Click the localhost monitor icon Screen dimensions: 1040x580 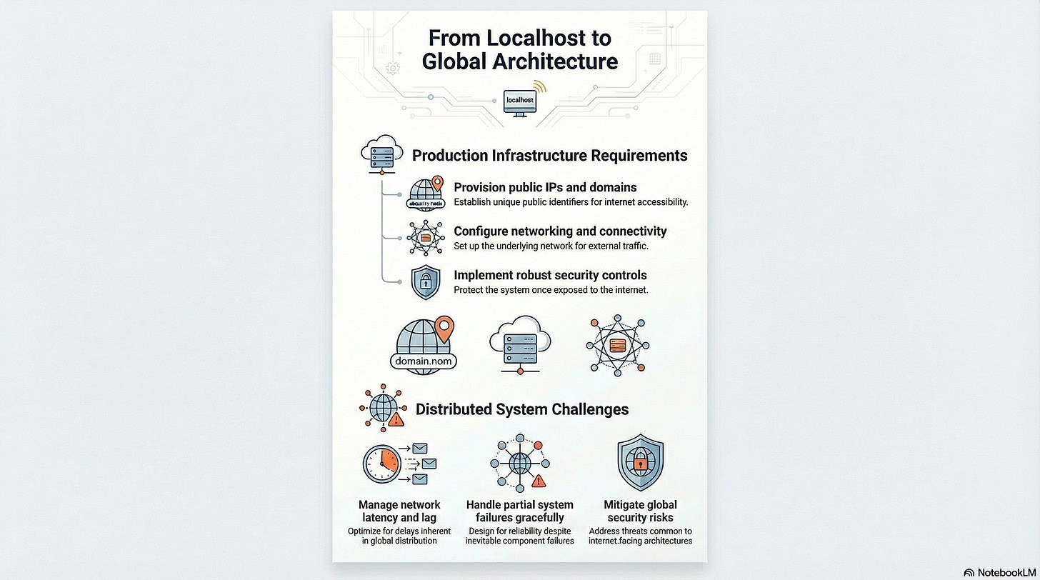click(519, 102)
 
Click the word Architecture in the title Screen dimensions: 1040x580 click(519, 61)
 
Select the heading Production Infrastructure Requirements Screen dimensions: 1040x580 click(550, 155)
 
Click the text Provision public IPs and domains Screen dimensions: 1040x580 click(545, 187)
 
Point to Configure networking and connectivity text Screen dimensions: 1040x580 click(560, 231)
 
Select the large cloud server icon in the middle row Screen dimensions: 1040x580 click(519, 344)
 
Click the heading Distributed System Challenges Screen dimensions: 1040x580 click(522, 409)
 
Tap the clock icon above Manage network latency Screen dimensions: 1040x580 click(381, 464)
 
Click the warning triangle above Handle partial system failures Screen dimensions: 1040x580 click(539, 481)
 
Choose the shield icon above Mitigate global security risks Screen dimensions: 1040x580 click(640, 463)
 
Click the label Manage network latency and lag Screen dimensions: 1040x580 click(399, 511)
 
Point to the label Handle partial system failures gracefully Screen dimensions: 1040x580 click(519, 511)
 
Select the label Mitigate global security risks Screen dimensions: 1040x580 click(640, 511)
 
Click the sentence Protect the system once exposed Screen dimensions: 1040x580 click(550, 290)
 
